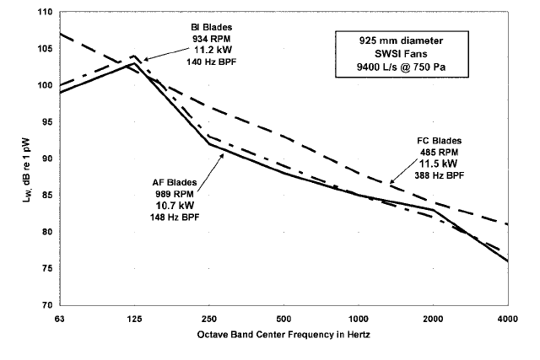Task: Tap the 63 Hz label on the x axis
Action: point(60,319)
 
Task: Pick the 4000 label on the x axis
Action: point(507,319)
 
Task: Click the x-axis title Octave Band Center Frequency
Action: point(283,335)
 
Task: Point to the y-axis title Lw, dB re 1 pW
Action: point(16,159)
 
